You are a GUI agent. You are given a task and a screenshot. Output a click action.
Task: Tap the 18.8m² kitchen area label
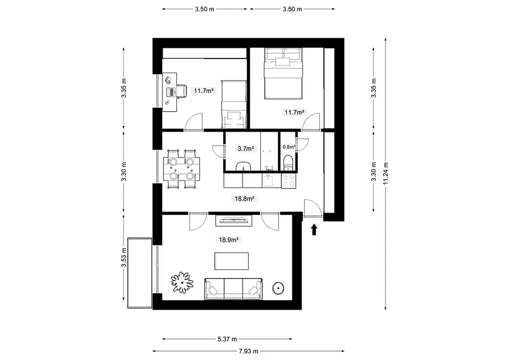click(x=245, y=199)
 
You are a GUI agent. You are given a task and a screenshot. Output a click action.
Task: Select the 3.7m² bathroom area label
click(x=246, y=149)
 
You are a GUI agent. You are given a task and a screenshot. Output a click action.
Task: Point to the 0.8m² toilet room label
click(x=289, y=147)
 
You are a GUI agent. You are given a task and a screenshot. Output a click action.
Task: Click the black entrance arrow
click(x=314, y=229)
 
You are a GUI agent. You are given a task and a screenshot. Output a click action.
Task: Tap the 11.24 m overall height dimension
click(x=386, y=174)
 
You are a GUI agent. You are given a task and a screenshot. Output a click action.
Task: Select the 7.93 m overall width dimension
click(x=249, y=351)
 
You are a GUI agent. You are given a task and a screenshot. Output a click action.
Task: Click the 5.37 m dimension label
click(x=227, y=339)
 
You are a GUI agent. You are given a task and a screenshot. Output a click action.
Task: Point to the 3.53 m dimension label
click(x=124, y=258)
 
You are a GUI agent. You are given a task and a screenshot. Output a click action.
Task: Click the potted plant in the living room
click(x=182, y=282)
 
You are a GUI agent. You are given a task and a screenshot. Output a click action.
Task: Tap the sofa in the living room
click(x=234, y=289)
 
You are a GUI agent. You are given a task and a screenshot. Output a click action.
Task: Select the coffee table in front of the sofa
click(x=232, y=261)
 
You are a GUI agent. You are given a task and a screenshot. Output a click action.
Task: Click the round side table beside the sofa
click(x=278, y=287)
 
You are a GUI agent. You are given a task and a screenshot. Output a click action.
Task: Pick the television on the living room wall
click(x=234, y=220)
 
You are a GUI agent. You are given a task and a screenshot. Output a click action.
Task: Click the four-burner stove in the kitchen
click(x=288, y=181)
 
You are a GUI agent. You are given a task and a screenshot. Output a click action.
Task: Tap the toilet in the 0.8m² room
click(x=288, y=163)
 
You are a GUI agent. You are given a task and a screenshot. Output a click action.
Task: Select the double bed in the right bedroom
click(x=283, y=74)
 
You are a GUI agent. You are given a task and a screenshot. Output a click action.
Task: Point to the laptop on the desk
click(x=170, y=91)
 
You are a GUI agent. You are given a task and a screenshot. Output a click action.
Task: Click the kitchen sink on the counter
click(x=268, y=180)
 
